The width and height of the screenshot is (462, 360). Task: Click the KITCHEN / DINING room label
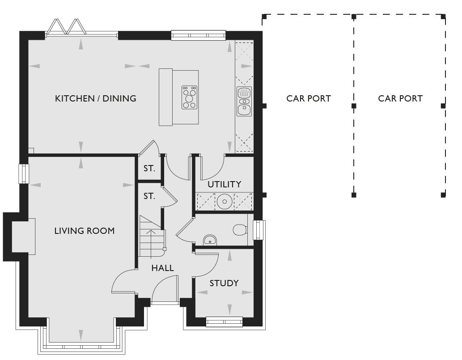[x=96, y=98]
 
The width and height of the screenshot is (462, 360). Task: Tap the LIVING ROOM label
[x=85, y=231]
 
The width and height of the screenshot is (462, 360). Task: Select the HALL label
[x=163, y=268]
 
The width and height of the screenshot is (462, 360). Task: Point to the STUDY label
[x=224, y=283]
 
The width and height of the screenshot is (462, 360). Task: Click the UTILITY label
[x=225, y=184]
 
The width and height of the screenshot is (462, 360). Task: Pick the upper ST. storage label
[x=149, y=169]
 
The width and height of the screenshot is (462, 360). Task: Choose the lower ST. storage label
[x=149, y=196]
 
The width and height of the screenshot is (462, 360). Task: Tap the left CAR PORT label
[x=309, y=98]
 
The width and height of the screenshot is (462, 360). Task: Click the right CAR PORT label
[x=400, y=98]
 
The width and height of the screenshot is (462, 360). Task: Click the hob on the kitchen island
[x=190, y=97]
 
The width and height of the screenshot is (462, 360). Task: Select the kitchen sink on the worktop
[x=244, y=102]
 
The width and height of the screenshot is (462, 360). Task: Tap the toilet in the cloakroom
[x=240, y=230]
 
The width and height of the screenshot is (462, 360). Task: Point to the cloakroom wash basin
[x=210, y=240]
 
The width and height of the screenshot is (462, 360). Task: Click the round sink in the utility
[x=225, y=202]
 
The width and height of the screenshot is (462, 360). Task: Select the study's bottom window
[x=224, y=322]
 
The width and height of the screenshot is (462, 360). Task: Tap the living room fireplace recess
[x=24, y=236]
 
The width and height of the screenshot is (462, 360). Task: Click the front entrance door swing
[x=165, y=289]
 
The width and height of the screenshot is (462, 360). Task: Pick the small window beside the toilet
[x=259, y=230]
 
